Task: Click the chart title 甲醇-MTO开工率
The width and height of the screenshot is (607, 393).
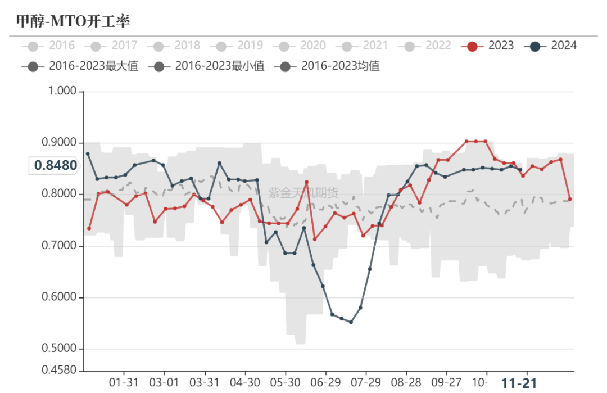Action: coord(73,21)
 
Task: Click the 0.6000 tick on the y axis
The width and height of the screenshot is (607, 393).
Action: coord(60,298)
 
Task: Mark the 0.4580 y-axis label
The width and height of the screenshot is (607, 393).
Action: coord(60,370)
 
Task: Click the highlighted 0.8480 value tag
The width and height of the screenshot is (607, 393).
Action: coord(55,165)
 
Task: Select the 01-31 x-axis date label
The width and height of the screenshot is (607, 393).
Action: coord(123,383)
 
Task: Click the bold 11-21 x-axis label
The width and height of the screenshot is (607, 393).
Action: coord(519,383)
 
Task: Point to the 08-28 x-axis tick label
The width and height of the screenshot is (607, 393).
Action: coord(406,383)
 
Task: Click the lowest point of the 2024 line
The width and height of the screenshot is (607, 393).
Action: coord(351,322)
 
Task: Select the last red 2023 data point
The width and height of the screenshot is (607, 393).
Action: coord(570,199)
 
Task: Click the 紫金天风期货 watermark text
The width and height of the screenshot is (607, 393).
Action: coord(303,193)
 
